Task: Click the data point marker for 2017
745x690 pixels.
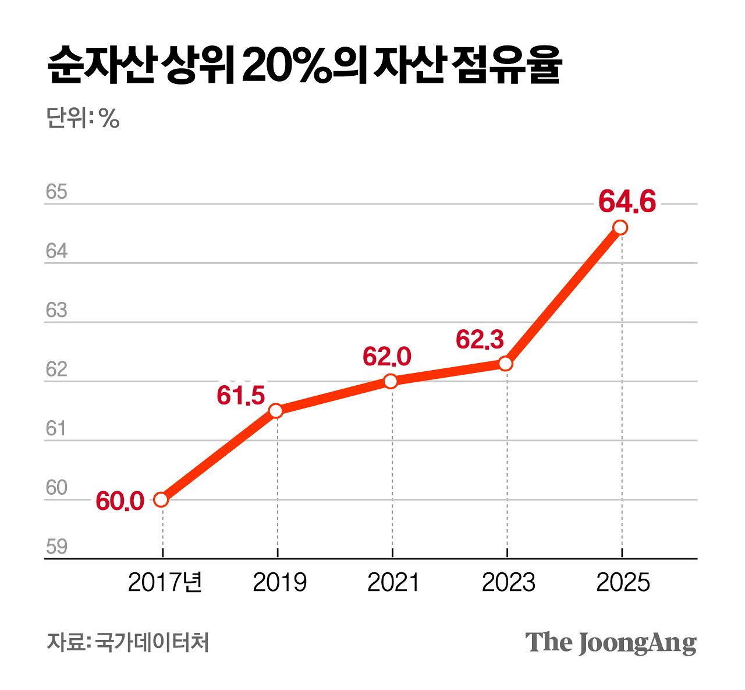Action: pyautogui.click(x=161, y=499)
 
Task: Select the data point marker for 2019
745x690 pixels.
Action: pyautogui.click(x=276, y=410)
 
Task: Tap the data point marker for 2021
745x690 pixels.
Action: pyautogui.click(x=391, y=381)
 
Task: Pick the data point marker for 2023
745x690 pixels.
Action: pyautogui.click(x=506, y=364)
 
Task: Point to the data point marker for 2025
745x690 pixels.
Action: pyautogui.click(x=620, y=227)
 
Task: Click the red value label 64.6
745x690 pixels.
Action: pyautogui.click(x=627, y=202)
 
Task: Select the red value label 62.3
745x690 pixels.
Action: pyautogui.click(x=480, y=340)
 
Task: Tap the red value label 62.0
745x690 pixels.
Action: pyautogui.click(x=386, y=357)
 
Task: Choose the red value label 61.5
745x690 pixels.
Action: pyautogui.click(x=241, y=396)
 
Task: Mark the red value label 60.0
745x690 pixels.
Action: pyautogui.click(x=120, y=501)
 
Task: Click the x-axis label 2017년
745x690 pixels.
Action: pyautogui.click(x=165, y=582)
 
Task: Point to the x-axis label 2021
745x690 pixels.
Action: pyautogui.click(x=393, y=582)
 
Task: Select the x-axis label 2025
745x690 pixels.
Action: pyautogui.click(x=623, y=582)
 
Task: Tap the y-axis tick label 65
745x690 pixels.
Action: pyautogui.click(x=56, y=192)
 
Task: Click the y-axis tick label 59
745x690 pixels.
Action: pyautogui.click(x=56, y=547)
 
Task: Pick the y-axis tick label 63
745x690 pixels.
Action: pyautogui.click(x=56, y=310)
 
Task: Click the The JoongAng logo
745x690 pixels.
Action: pyautogui.click(x=611, y=642)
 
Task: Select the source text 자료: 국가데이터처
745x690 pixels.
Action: pyautogui.click(x=127, y=642)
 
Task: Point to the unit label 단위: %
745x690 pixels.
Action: pyautogui.click(x=83, y=118)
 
